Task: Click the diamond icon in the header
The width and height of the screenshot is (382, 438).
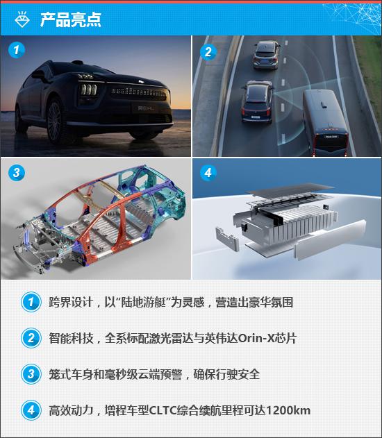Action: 22,19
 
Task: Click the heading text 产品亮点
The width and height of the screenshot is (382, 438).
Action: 71,20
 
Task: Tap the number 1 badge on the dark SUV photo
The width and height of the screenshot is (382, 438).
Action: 17,50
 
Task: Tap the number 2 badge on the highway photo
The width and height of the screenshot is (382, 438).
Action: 208,52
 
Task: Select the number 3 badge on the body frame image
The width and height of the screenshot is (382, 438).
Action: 17,172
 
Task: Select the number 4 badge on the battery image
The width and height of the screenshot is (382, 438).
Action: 208,173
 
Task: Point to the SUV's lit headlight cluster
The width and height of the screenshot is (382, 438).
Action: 89,90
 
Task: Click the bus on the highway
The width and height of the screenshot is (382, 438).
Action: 326,122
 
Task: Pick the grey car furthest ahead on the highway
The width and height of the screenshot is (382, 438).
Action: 266,55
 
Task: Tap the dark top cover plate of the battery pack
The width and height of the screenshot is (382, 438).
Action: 290,189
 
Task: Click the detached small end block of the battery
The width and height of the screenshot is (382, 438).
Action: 227,239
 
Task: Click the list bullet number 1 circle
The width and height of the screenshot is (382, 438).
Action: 31,302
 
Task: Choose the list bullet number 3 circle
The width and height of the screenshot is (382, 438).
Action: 31,374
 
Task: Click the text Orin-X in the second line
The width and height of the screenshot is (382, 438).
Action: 256,338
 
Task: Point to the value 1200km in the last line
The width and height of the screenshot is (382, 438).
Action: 288,410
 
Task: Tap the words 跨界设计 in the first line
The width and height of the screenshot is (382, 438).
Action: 71,302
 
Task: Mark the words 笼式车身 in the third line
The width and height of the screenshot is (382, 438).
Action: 71,374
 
